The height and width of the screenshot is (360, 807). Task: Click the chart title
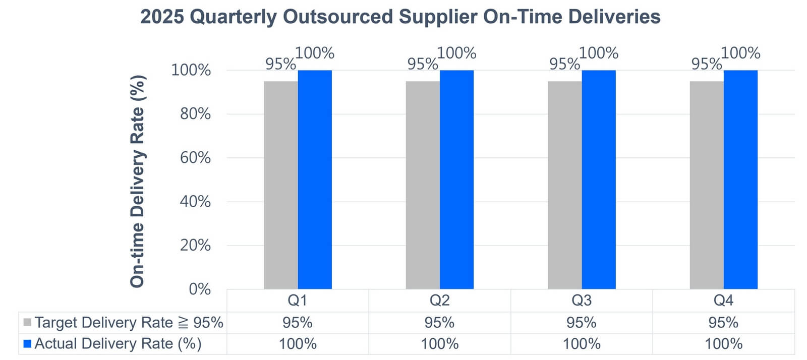pos(400,17)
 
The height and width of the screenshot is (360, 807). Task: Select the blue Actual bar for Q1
pos(315,179)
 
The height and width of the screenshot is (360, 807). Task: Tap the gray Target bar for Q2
pos(423,185)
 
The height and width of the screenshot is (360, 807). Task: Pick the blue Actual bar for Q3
pos(598,179)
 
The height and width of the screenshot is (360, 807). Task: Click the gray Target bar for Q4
pos(707,185)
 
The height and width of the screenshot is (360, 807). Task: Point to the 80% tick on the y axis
pos(195,114)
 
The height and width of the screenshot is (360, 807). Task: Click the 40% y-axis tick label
pos(195,202)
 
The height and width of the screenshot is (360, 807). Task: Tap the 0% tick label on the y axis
pos(200,289)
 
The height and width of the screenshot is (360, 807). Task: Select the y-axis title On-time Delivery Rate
pos(137,182)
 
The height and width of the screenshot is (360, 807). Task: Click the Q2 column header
pos(439,300)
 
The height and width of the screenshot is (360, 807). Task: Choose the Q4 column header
pos(723,300)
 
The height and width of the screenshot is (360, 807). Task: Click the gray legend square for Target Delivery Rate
pos(27,322)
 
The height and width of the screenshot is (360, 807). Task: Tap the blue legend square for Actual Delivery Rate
pos(27,344)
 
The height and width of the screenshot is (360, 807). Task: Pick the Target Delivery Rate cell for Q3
pos(581,323)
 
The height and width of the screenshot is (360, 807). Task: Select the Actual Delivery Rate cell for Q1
pos(298,344)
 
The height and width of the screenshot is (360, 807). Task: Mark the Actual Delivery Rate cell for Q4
pos(723,344)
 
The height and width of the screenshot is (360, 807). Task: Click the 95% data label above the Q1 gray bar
pos(280,64)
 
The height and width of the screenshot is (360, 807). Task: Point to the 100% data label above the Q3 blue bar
pos(599,53)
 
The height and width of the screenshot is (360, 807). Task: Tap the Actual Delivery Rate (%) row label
pos(118,344)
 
